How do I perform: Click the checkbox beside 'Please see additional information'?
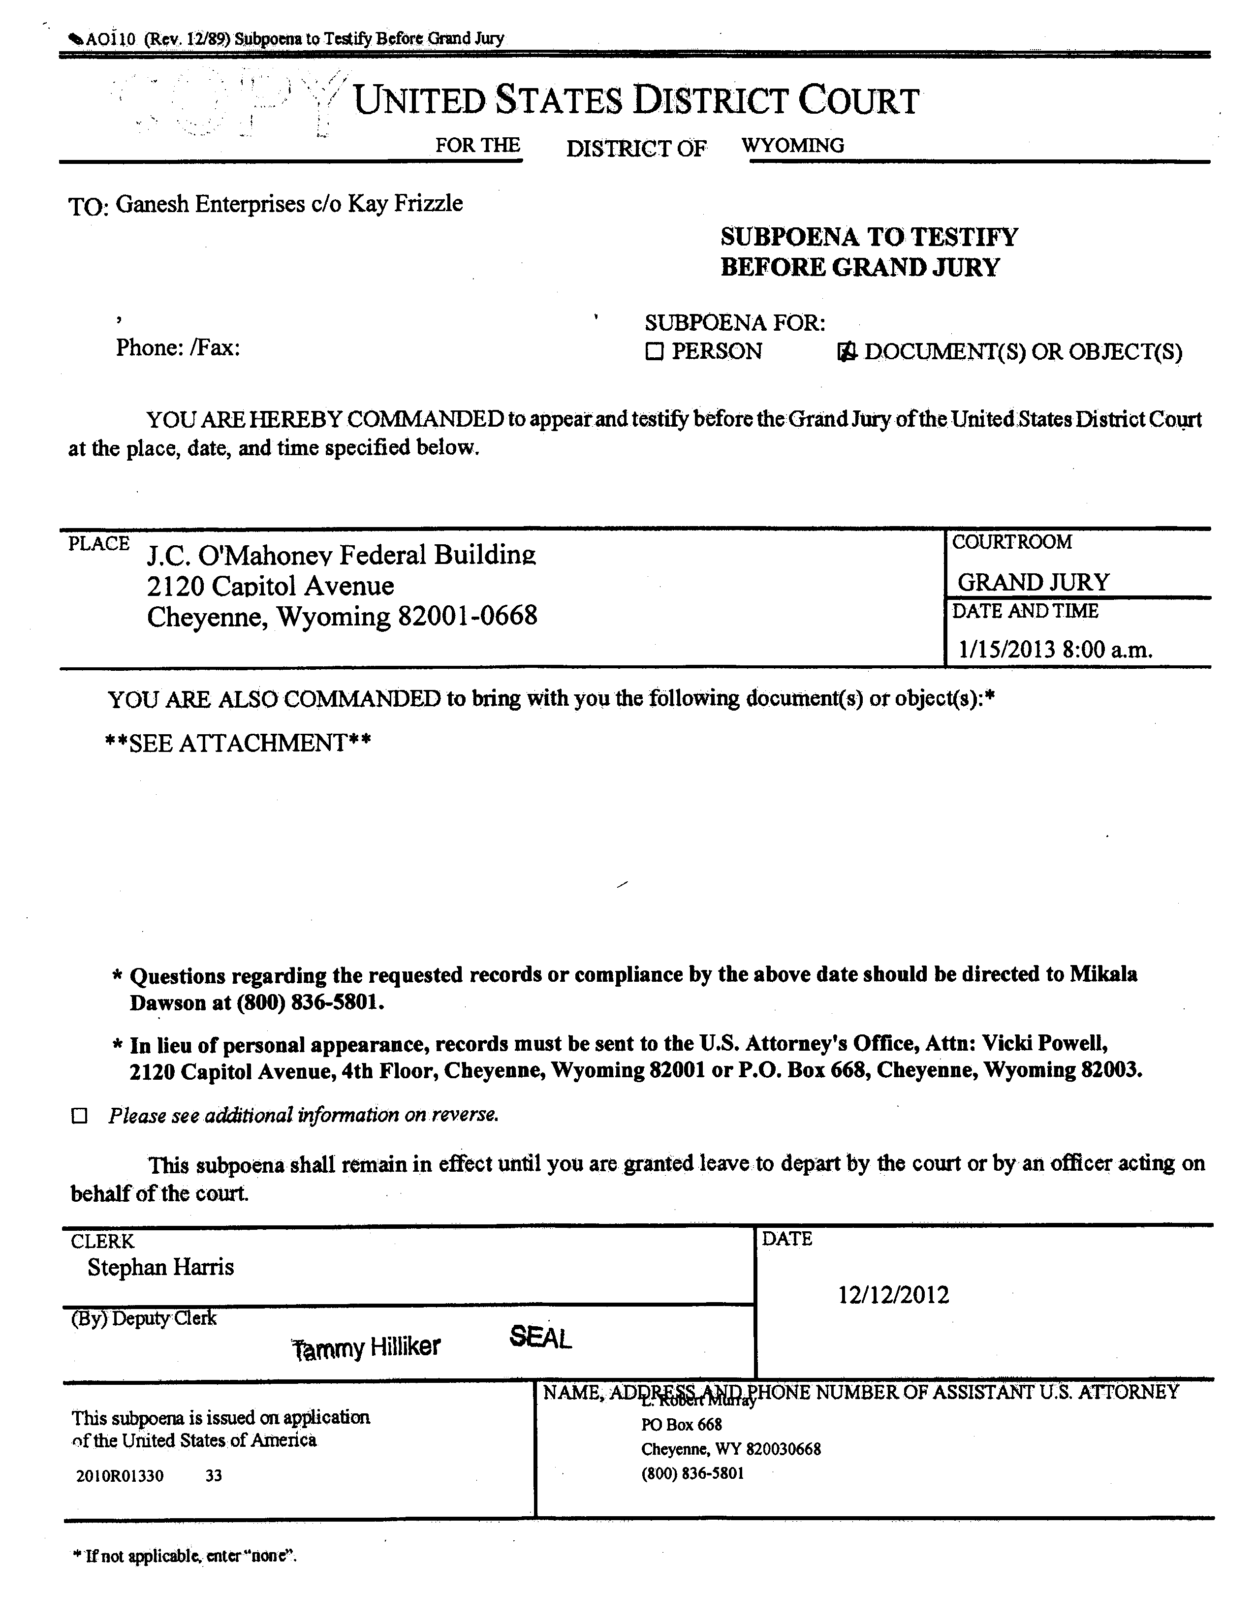click(x=79, y=1116)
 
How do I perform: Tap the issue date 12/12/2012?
click(x=893, y=1295)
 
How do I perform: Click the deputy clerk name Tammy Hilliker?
click(x=366, y=1346)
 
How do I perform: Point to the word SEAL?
click(x=540, y=1339)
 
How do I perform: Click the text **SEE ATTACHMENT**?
click(x=238, y=743)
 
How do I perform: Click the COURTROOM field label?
click(x=1011, y=542)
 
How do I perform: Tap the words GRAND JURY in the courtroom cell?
click(x=1033, y=581)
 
